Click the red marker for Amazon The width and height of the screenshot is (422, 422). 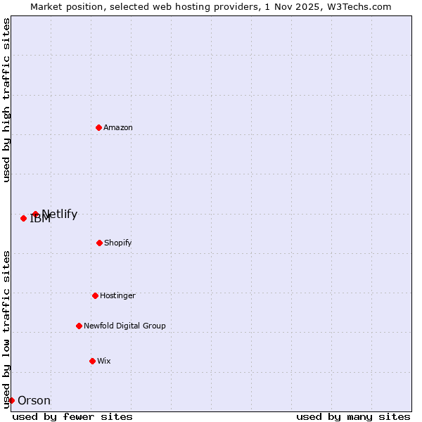tap(98, 127)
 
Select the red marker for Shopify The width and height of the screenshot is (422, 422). tap(99, 243)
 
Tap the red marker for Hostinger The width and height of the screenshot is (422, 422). tap(95, 295)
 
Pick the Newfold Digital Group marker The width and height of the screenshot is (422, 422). tap(79, 326)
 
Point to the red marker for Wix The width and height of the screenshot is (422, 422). tap(92, 361)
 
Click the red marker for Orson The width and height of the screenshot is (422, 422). tap(11, 400)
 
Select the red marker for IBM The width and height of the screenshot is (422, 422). tap(23, 218)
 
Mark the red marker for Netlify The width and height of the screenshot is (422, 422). tap(35, 214)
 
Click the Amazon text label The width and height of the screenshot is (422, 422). tap(118, 128)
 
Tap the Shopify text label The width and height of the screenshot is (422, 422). tap(118, 243)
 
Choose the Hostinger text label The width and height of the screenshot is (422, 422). tap(117, 296)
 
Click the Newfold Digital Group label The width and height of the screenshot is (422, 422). tap(124, 326)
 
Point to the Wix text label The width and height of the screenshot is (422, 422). tap(104, 362)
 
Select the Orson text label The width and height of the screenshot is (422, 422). tap(34, 401)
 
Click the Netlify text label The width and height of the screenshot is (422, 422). tap(60, 215)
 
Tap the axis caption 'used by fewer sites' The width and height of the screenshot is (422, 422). tap(72, 416)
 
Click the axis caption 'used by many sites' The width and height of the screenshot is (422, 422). tap(353, 416)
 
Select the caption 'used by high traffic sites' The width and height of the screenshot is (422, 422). tap(7, 101)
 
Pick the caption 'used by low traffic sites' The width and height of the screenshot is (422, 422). tap(7, 329)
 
